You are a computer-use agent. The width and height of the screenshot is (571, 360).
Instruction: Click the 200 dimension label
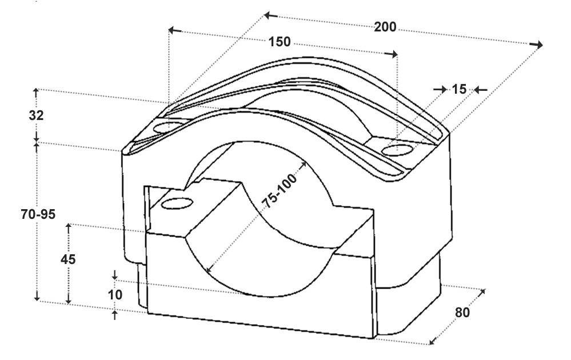[385, 27]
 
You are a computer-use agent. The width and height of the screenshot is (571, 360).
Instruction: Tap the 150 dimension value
[279, 42]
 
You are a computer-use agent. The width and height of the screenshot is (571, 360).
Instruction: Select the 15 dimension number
[459, 89]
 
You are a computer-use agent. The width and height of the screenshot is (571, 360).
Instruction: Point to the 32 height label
[36, 115]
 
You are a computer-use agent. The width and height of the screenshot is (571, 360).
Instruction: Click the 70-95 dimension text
[38, 214]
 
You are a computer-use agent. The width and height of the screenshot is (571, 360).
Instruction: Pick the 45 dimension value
[68, 259]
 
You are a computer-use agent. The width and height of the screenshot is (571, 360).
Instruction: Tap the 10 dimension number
[115, 295]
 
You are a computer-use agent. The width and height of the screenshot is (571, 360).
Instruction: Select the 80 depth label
[462, 313]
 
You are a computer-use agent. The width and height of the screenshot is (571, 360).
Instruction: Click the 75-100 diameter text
[281, 191]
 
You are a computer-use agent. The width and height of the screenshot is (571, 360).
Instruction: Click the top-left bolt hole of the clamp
[169, 127]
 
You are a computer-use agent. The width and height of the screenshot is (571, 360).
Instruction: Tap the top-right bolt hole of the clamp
[398, 150]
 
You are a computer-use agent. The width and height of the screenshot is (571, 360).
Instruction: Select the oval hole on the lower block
[177, 203]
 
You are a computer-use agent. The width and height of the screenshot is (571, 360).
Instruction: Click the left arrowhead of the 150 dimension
[175, 30]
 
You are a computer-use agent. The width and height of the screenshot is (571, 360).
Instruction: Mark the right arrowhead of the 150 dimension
[391, 54]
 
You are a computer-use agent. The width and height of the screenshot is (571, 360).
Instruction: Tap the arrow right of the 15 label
[481, 90]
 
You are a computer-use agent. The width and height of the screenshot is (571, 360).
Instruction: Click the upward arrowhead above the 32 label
[35, 93]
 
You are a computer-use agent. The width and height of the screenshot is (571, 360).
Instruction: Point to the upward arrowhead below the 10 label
[115, 315]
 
